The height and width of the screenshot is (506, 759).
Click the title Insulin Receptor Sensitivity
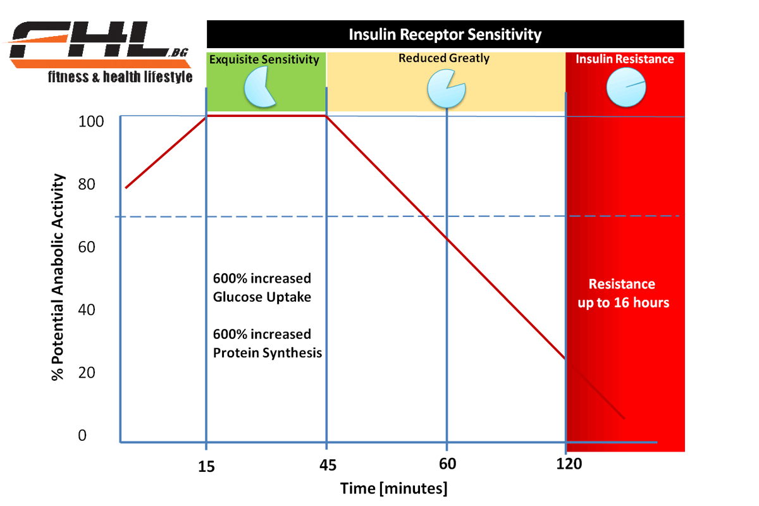(x=445, y=34)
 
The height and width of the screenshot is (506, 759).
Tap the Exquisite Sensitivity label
(x=264, y=60)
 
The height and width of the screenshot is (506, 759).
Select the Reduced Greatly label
(x=444, y=58)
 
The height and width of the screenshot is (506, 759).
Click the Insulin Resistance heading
(x=624, y=59)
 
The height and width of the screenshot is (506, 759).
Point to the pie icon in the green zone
(x=259, y=87)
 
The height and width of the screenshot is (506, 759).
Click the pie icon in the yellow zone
(x=445, y=89)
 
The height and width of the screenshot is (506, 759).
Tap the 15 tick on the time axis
(x=207, y=467)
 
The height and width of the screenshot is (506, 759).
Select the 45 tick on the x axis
(x=327, y=467)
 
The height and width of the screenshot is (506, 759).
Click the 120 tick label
(x=569, y=464)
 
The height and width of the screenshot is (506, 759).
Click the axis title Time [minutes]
(x=393, y=489)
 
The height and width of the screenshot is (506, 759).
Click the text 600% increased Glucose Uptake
(x=262, y=287)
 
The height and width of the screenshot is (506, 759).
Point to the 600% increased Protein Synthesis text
(x=267, y=343)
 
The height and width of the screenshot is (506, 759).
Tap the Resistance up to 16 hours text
(x=623, y=293)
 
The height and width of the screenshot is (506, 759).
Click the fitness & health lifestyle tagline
(x=120, y=78)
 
